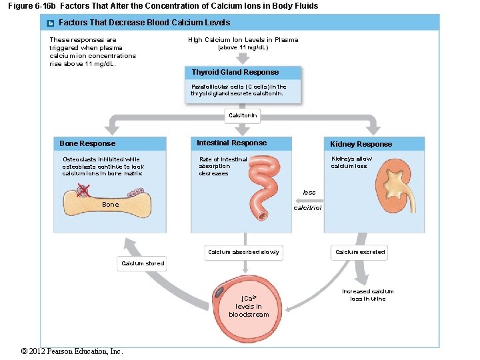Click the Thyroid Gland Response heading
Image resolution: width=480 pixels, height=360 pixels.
pos(235,72)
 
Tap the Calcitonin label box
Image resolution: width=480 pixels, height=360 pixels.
pos(243,116)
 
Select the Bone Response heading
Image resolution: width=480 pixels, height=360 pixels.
pos(87,143)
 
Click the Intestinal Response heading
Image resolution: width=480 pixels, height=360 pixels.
pos(231,143)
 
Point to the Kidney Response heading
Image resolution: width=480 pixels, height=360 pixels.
pos(361,144)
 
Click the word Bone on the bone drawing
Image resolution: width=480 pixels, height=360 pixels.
pos(111,205)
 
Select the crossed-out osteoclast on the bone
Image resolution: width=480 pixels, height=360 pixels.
pos(83,192)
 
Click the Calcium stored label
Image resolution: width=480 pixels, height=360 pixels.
pos(142,263)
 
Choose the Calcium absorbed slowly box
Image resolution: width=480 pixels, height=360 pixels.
pos(243,252)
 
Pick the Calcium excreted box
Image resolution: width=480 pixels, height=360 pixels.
pos(360,252)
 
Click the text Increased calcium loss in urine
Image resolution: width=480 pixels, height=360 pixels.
pos(368,295)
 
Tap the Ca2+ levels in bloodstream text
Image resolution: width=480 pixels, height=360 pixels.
pos(248,306)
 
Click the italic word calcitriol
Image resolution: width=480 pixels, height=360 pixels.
pos(307,208)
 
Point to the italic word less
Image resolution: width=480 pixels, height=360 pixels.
pos(309,193)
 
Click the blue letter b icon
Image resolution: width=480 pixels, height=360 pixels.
pos(50,23)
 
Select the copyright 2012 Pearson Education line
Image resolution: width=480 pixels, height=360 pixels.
pos(72,351)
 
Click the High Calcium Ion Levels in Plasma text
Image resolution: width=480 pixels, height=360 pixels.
pos(243,40)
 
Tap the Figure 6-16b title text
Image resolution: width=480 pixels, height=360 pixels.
pos(163,6)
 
